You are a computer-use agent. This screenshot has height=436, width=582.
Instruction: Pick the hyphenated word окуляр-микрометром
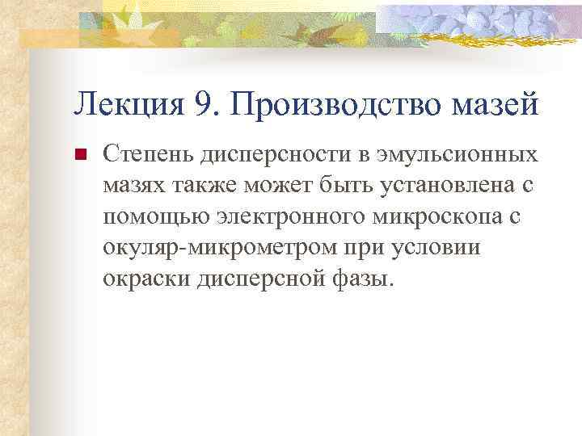[242, 248]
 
